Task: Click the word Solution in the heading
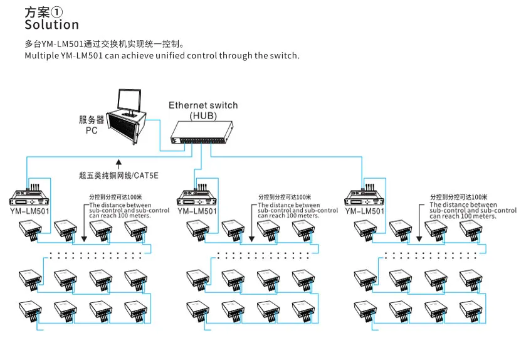click(x=51, y=24)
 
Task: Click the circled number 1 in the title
click(x=56, y=12)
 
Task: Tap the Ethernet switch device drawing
click(x=201, y=133)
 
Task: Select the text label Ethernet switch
click(x=203, y=105)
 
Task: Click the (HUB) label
click(x=203, y=116)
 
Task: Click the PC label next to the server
click(x=92, y=130)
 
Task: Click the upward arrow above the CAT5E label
click(x=118, y=164)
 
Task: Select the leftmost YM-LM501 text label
click(x=30, y=211)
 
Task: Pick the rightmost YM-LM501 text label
click(x=365, y=211)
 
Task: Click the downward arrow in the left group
click(x=85, y=223)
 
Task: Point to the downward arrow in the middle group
click(x=251, y=223)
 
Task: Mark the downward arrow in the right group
click(x=419, y=223)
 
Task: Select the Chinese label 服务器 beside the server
click(x=92, y=120)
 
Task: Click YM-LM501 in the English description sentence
click(x=81, y=56)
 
